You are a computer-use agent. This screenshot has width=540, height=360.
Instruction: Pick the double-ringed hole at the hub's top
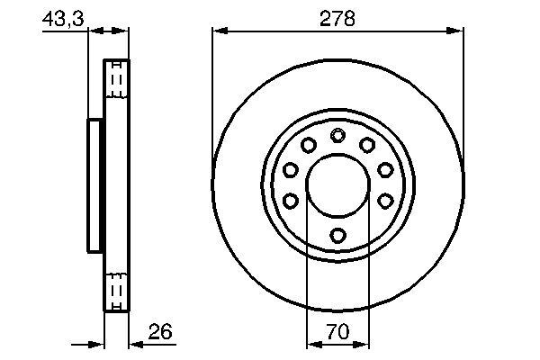pyautogui.click(x=337, y=136)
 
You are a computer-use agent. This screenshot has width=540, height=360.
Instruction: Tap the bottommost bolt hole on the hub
pyautogui.click(x=337, y=236)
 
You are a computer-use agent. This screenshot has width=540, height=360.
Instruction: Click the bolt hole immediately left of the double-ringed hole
pyautogui.click(x=308, y=145)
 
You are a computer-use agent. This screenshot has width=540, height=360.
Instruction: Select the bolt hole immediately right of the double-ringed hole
pyautogui.click(x=367, y=145)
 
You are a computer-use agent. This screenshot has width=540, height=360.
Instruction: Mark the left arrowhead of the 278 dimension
pyautogui.click(x=219, y=31)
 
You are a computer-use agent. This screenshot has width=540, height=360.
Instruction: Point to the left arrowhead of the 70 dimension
pyautogui.click(x=312, y=344)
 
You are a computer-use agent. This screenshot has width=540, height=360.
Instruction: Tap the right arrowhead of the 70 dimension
pyautogui.click(x=362, y=344)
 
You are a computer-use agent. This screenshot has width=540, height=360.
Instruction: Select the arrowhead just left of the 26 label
pyautogui.click(x=136, y=344)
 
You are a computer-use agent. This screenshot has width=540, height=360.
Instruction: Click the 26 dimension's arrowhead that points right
pyautogui.click(x=99, y=344)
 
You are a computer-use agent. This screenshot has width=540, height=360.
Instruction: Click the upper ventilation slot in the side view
pyautogui.click(x=117, y=82)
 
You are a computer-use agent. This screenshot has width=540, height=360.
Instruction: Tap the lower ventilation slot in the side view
pyautogui.click(x=117, y=291)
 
